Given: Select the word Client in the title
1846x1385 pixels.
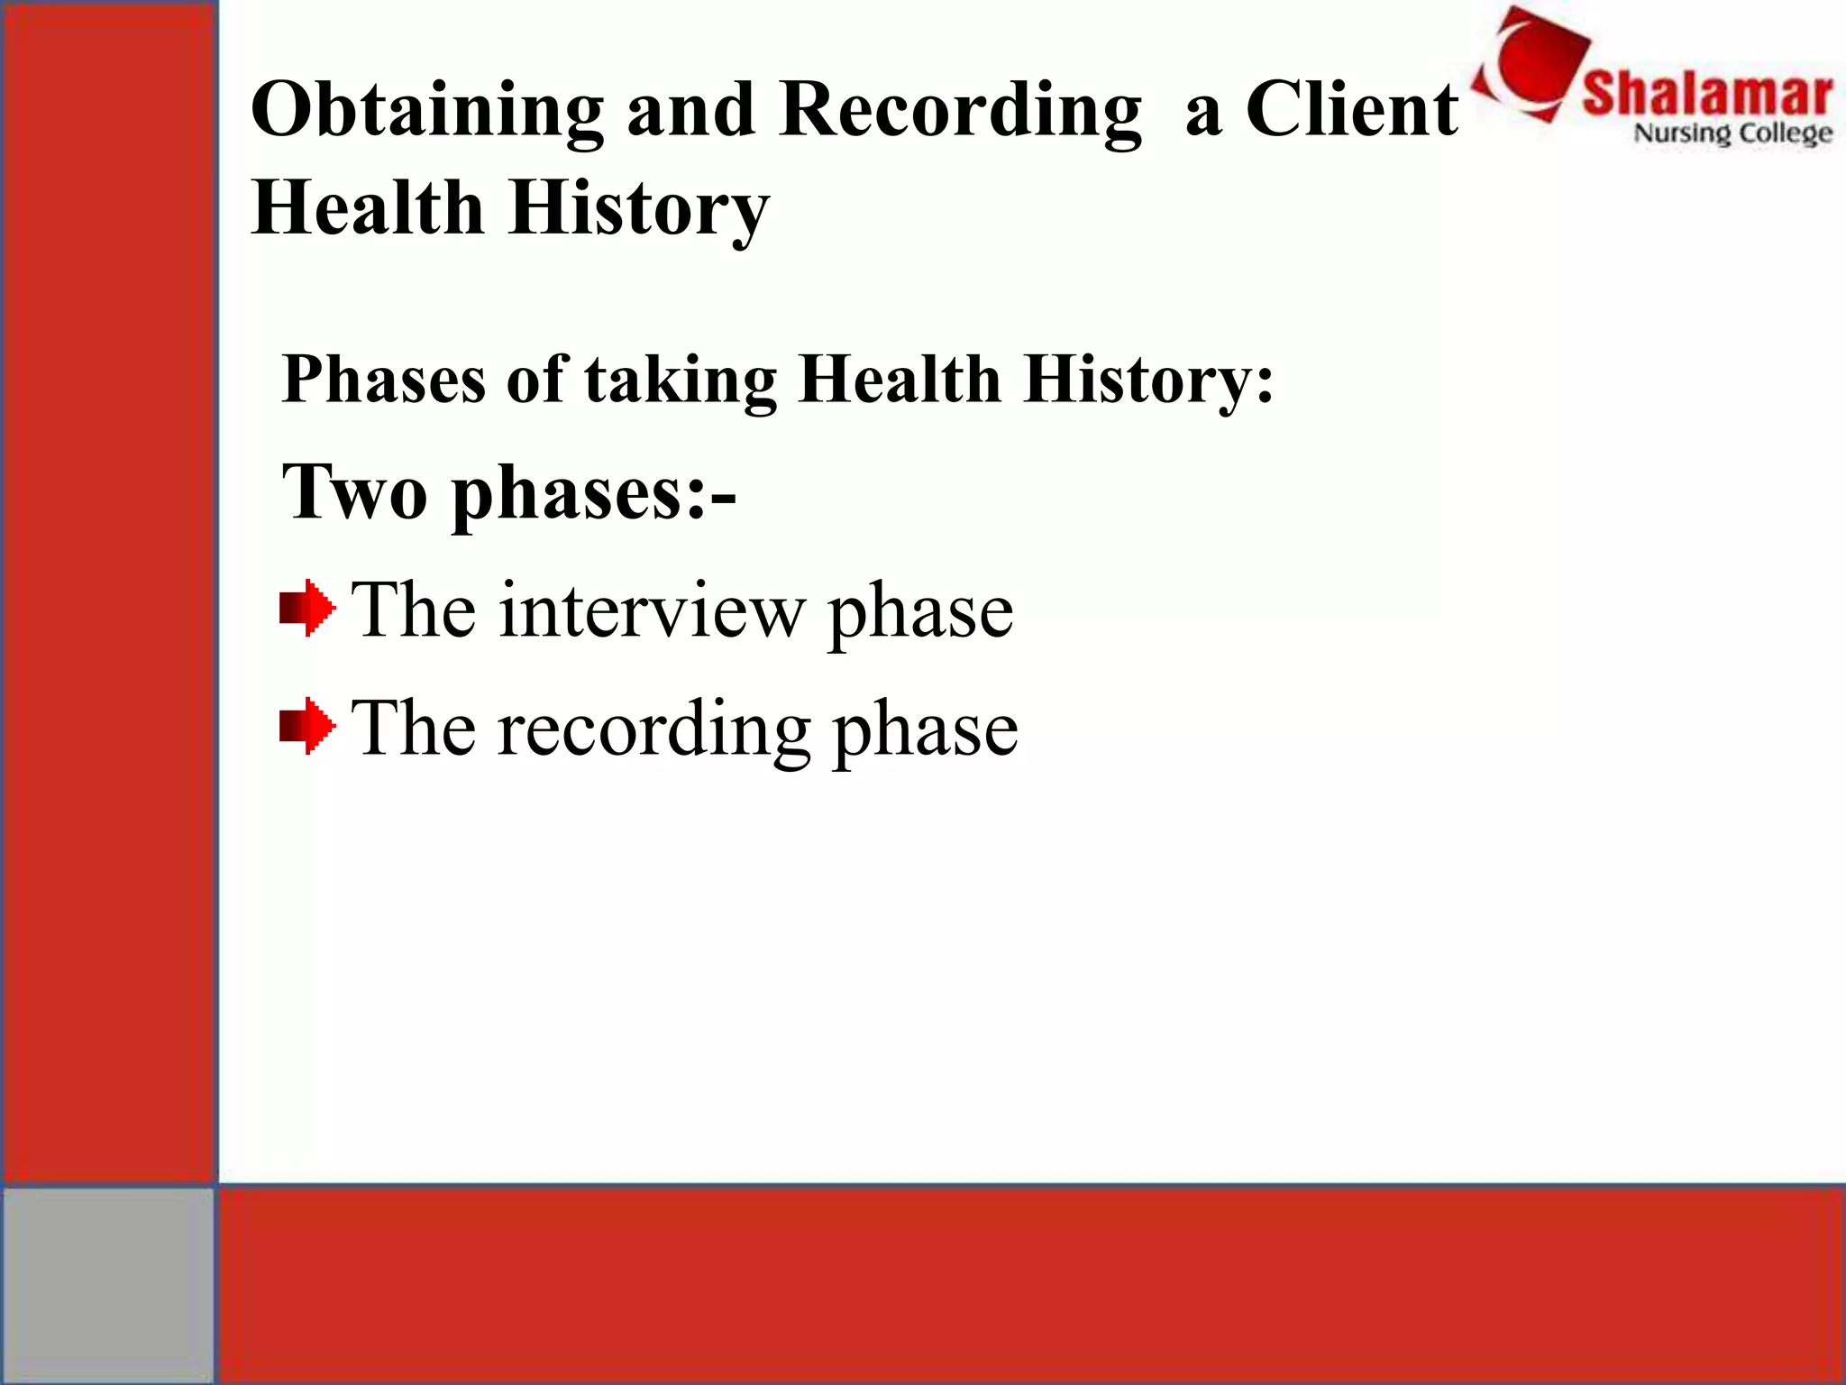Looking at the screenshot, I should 1352,110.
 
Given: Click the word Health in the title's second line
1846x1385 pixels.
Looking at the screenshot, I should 368,207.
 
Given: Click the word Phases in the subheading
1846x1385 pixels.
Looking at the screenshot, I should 384,380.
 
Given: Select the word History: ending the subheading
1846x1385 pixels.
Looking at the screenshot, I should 1149,380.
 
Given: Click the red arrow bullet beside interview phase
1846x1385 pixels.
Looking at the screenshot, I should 306,608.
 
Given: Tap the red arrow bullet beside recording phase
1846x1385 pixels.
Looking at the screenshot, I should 306,725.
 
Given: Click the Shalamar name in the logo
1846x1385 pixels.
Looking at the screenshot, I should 1707,94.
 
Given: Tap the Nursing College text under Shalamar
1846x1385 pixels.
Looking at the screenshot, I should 1732,133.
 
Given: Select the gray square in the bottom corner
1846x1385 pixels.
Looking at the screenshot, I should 108,1284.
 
